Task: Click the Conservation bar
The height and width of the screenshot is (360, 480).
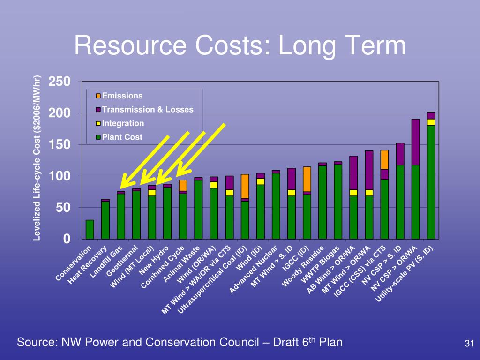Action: coord(90,229)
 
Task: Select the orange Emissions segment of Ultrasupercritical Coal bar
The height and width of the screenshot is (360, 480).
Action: coord(245,187)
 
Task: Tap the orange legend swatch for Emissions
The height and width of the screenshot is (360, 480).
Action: coord(98,96)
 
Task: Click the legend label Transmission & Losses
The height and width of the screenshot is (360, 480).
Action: coord(148,109)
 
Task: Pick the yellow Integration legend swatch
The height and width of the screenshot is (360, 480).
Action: coord(98,123)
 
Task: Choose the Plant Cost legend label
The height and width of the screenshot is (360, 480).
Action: coord(122,137)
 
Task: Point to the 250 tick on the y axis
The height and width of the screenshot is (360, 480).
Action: coord(60,82)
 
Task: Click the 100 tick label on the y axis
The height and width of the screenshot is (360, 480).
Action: coord(60,176)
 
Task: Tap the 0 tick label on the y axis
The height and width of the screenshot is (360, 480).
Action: coord(67,239)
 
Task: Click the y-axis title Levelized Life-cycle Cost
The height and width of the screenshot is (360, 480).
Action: coord(37,158)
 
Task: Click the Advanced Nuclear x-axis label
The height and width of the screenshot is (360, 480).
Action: coord(253,270)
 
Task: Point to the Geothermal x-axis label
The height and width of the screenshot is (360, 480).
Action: coord(122,261)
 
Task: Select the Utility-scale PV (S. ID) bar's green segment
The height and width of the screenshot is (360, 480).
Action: coord(431,182)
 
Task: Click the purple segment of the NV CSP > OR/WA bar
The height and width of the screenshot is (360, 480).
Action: coord(415,142)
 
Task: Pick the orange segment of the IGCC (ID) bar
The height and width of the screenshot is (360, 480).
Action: coord(307,180)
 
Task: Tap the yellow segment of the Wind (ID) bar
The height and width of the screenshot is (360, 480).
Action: coord(261,181)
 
